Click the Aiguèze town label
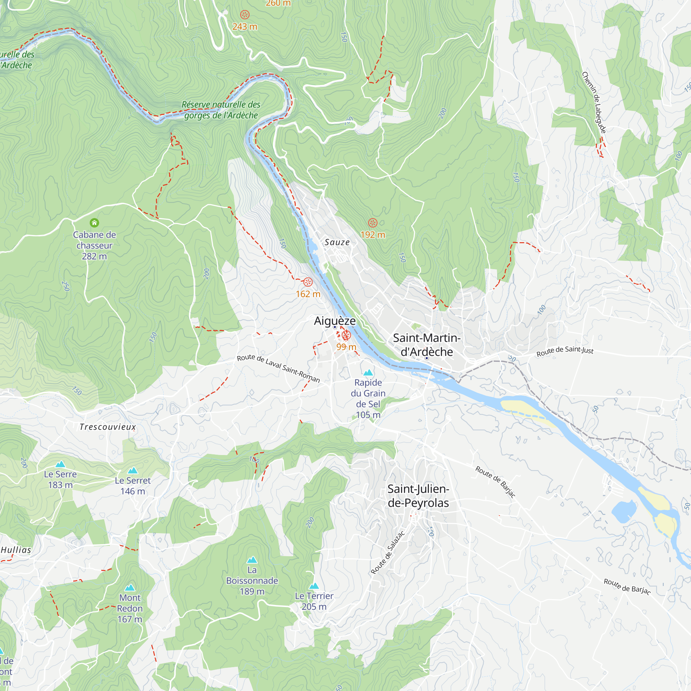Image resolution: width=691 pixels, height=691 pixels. (335, 321)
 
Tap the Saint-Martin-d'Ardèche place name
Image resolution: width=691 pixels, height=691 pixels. (426, 345)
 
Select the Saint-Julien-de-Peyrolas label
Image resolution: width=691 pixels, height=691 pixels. (418, 496)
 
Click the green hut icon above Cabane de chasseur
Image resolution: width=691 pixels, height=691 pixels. (94, 223)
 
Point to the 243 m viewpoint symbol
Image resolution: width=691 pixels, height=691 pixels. (245, 15)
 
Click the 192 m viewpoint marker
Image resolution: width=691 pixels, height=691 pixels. (373, 223)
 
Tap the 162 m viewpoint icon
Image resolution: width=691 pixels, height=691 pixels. (308, 282)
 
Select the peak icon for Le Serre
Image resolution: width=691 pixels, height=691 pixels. (60, 464)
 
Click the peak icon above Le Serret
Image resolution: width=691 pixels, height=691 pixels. (133, 470)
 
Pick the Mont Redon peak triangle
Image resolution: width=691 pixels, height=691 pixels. (130, 588)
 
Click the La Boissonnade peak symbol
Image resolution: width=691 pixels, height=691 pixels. (252, 560)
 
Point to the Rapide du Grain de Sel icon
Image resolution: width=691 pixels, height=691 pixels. (368, 373)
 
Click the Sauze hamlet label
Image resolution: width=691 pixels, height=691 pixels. (337, 243)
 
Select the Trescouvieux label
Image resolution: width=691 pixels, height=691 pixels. (108, 427)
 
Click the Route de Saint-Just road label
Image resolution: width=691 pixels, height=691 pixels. (565, 351)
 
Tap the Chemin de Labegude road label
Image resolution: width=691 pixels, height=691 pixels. (594, 103)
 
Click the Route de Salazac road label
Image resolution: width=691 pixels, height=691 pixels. (388, 552)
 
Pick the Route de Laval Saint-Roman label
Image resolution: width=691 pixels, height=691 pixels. (278, 368)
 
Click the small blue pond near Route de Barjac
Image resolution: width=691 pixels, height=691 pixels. (624, 511)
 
